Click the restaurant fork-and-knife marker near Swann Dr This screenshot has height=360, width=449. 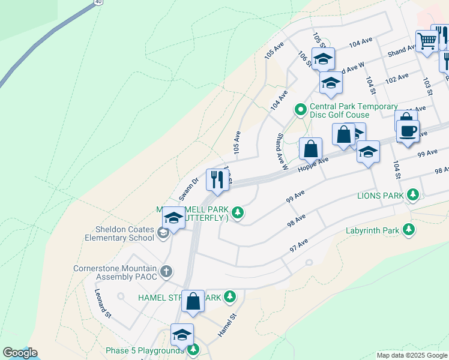[217, 179]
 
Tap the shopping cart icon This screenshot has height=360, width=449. [426, 41]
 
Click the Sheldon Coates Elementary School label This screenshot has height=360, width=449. [125, 233]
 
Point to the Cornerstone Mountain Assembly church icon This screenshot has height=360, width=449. [166, 272]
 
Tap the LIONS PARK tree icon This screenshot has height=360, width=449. [412, 195]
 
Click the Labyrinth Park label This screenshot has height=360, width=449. [372, 230]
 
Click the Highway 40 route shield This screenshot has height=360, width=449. [97, 2]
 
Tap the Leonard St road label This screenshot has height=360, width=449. [103, 303]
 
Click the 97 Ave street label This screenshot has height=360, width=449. [298, 245]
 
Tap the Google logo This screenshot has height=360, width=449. [19, 353]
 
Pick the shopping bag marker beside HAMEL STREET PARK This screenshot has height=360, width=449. [193, 301]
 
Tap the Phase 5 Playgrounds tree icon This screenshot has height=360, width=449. [193, 350]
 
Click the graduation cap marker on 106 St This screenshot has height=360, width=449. [323, 59]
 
